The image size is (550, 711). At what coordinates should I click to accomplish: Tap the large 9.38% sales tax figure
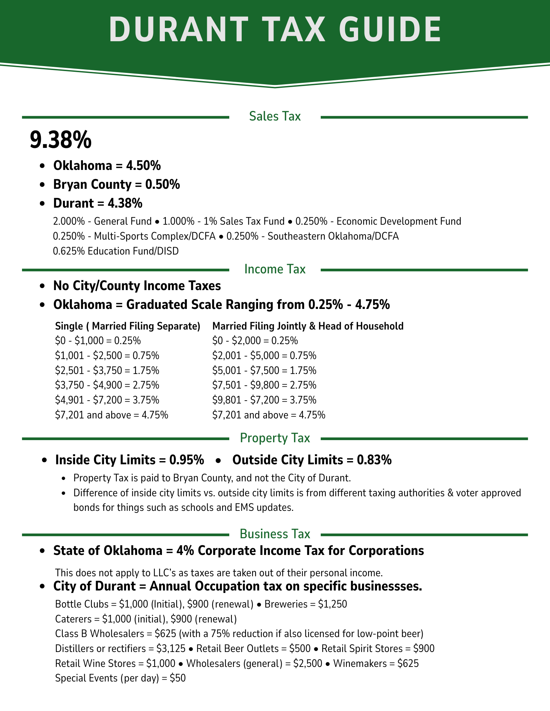[x=61, y=140]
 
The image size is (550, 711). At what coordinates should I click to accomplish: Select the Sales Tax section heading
[x=275, y=116]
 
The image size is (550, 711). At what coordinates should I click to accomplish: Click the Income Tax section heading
[x=275, y=269]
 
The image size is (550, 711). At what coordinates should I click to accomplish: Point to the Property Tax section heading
[x=275, y=438]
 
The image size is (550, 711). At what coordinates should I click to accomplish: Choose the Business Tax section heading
[x=275, y=534]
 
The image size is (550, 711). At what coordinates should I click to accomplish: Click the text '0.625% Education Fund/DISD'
[x=116, y=251]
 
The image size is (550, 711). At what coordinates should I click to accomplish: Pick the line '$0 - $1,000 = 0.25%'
[x=98, y=341]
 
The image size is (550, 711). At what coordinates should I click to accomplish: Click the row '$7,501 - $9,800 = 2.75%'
[x=264, y=385]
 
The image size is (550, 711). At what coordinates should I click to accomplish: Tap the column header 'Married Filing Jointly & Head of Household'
[x=308, y=326]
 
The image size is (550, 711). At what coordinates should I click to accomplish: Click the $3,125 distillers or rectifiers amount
[x=171, y=649]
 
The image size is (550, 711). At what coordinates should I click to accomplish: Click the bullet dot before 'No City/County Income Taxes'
[x=43, y=286]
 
